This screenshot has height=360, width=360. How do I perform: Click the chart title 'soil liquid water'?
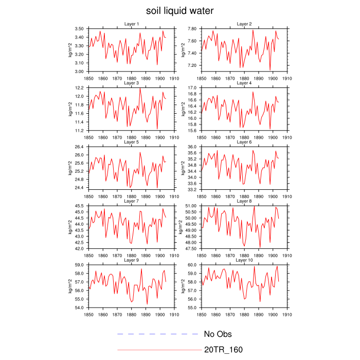[x=179, y=11]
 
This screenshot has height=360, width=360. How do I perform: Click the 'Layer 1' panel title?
[x=131, y=24]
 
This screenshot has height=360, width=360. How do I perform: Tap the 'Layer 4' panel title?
[x=244, y=83]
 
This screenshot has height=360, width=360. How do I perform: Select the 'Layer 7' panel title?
[x=131, y=201]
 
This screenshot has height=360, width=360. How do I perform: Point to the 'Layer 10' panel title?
[x=244, y=260]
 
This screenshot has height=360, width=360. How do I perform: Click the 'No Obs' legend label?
[x=218, y=334]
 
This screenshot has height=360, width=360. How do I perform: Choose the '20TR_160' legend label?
[x=223, y=350]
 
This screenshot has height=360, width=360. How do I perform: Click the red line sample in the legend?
[x=159, y=350]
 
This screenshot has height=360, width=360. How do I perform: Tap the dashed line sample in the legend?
[x=157, y=334]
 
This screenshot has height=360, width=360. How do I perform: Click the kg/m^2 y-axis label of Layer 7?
[x=70, y=227]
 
